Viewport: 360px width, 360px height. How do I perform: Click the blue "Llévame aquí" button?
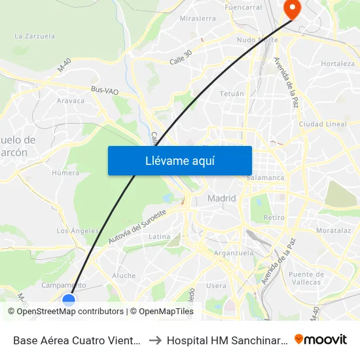[x=179, y=160]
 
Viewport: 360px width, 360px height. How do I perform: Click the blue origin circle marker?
[x=69, y=300]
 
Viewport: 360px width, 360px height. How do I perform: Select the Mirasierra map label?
[x=197, y=18]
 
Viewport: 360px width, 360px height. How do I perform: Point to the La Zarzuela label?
[x=35, y=36]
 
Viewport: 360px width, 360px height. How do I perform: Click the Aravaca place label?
[x=71, y=101]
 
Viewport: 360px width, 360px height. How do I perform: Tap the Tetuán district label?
[x=232, y=94]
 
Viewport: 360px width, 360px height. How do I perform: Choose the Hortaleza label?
[x=338, y=63]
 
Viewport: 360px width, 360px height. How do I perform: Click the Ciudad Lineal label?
[x=322, y=124]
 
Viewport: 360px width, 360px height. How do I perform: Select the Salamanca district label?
[x=265, y=177]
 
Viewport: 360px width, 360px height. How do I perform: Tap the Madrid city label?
[x=221, y=198]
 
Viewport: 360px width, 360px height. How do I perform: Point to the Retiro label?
[x=274, y=217]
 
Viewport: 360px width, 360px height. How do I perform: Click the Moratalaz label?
[x=333, y=230]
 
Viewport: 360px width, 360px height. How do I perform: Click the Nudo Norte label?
[x=257, y=40]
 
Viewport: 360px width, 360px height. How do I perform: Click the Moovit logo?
[x=321, y=339]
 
